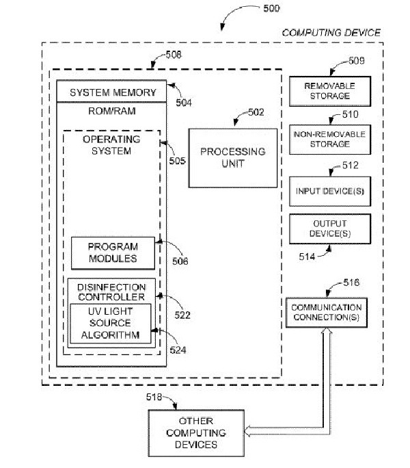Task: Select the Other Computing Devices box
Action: [197, 432]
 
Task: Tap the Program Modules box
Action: [112, 252]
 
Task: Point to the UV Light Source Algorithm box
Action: [111, 323]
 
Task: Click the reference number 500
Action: [271, 9]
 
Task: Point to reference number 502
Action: [255, 112]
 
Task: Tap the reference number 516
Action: [351, 282]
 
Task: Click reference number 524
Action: [177, 350]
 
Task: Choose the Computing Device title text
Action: [331, 32]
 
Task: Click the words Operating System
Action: [111, 144]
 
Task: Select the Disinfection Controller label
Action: [111, 291]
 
